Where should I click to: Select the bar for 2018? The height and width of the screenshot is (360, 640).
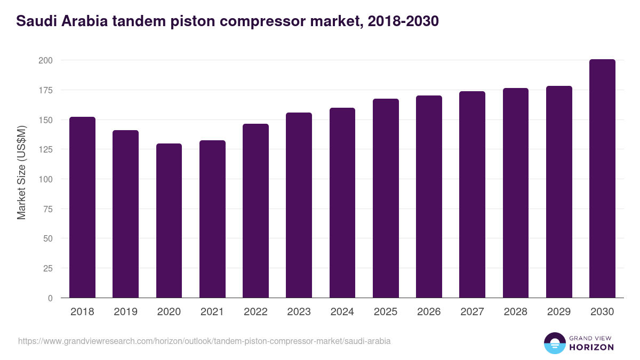tap(82, 207)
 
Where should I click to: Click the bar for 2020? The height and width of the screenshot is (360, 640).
tap(169, 221)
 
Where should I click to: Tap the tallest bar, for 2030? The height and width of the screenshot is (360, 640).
tap(602, 179)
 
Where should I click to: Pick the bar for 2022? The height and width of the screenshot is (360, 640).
tap(255, 211)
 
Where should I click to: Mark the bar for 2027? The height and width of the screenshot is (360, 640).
tap(472, 195)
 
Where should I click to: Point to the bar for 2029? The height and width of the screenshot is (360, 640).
tap(559, 192)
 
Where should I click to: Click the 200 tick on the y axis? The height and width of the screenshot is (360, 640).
tap(45, 60)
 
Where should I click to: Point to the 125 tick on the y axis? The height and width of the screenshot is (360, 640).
tap(45, 149)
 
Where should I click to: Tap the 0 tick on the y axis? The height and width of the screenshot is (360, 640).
tap(50, 298)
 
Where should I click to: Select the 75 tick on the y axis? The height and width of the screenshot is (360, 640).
tap(47, 209)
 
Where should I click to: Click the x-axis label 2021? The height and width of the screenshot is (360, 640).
tap(212, 312)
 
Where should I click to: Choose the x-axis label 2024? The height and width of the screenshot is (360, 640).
tap(342, 312)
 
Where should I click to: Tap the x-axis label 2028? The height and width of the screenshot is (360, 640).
tap(516, 312)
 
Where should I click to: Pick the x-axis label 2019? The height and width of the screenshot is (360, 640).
tap(125, 312)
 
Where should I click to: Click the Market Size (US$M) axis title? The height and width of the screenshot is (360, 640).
tap(21, 172)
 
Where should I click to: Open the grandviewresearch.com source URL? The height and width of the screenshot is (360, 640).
tap(204, 341)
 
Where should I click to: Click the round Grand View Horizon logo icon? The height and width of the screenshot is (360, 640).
tap(555, 343)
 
